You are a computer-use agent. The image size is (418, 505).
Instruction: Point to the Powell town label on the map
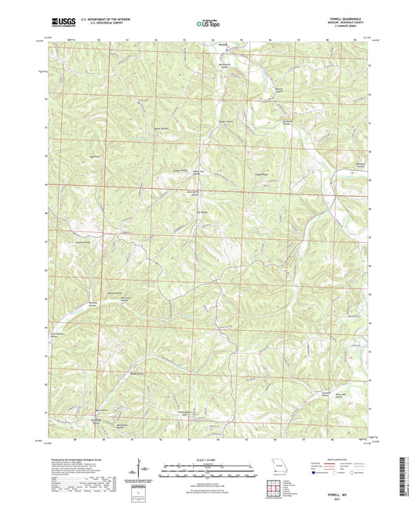coord(222,45)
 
